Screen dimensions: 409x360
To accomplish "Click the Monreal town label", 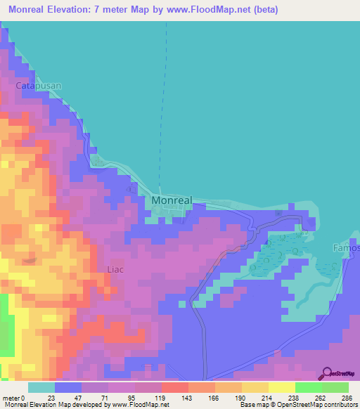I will tap(172, 200).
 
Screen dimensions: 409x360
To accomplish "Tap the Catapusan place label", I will tap(39, 85).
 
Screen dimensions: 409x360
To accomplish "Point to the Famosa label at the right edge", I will tap(346, 247).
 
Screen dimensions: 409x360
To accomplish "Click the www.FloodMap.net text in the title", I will tap(217, 10).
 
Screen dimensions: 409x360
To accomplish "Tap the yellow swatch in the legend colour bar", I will tap(281, 387).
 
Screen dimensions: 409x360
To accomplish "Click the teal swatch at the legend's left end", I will tap(41, 387).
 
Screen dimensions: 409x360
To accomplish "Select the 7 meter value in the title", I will tap(140, 10).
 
